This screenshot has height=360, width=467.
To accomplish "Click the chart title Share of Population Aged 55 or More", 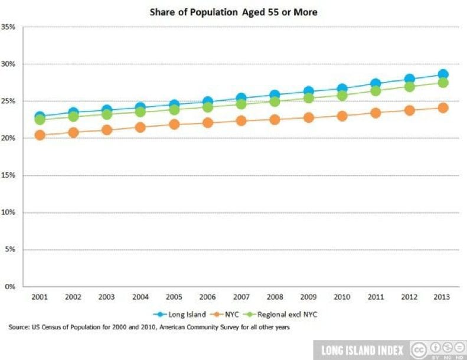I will coord(233,12).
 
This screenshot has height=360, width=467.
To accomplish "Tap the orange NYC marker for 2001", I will coord(40,135).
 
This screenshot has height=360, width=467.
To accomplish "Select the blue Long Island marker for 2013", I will coord(443,74).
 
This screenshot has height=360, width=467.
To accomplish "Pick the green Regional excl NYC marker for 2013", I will coord(443,83).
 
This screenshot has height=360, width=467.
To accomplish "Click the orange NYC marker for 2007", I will coord(241,120).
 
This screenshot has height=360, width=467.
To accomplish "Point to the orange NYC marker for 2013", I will coord(443,108).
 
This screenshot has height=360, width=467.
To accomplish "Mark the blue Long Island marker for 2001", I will coord(40,117).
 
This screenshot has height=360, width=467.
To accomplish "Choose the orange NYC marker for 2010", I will coord(342,116).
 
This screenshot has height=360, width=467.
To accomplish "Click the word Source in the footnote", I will coord(19,326).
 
